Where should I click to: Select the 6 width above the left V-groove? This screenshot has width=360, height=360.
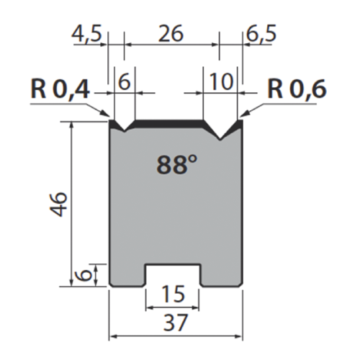pyautogui.click(x=124, y=82)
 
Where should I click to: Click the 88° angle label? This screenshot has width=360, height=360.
pyautogui.click(x=176, y=166)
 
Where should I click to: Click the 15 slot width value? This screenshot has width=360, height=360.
pyautogui.click(x=173, y=294)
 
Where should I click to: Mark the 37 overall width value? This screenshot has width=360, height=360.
pyautogui.click(x=174, y=325)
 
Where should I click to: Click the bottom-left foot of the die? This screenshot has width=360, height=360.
pyautogui.click(x=127, y=277)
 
